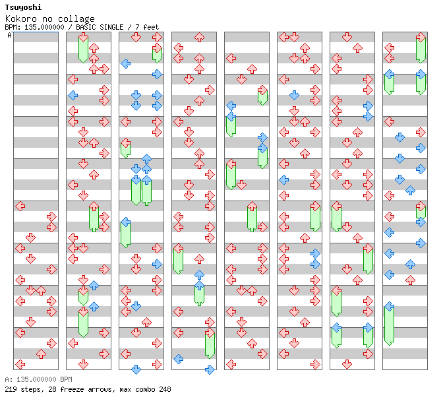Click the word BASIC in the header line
click(x=87, y=27)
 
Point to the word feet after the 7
click(x=151, y=27)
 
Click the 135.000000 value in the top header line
click(x=44, y=27)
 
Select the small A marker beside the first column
click(x=10, y=36)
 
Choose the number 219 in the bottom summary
click(x=10, y=389)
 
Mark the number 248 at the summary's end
click(x=165, y=389)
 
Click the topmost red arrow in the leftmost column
click(x=20, y=206)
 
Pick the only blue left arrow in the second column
click(x=73, y=95)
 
